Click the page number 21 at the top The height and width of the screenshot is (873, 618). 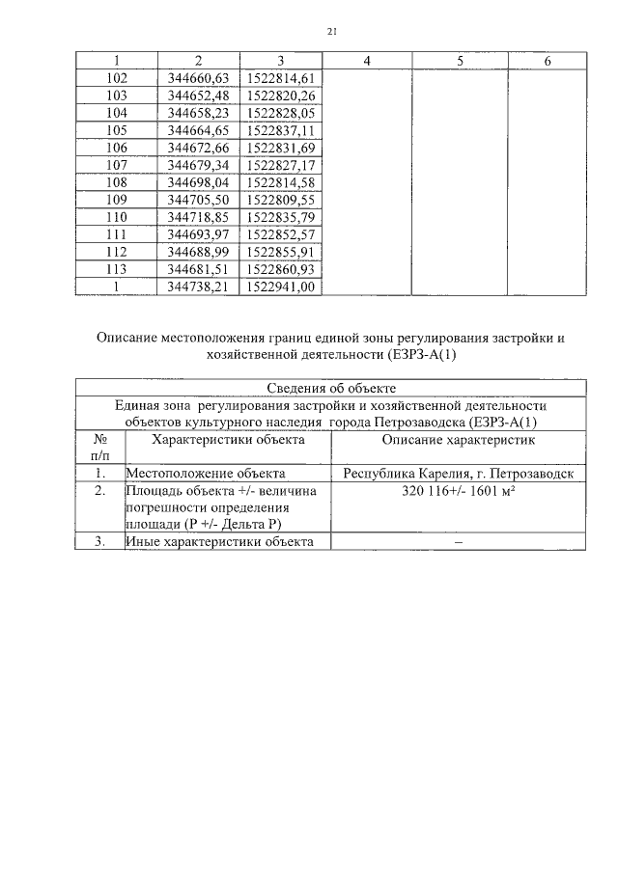pyautogui.click(x=332, y=32)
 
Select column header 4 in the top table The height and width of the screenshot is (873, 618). pyautogui.click(x=368, y=61)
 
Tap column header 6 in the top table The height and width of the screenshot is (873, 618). pyautogui.click(x=548, y=61)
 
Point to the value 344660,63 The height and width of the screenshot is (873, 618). pyautogui.click(x=197, y=78)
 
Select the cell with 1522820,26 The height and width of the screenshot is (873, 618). pyautogui.click(x=281, y=95)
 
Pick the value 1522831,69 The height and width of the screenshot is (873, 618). pyautogui.click(x=281, y=148)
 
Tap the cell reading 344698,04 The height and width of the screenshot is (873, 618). pyautogui.click(x=197, y=182)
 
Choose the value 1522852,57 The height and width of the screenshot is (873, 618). pyautogui.click(x=281, y=234)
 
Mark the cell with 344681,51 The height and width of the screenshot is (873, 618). pyautogui.click(x=197, y=269)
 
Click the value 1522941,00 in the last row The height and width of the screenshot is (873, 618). pyautogui.click(x=281, y=286)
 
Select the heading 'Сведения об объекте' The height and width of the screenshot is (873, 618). pyautogui.click(x=330, y=388)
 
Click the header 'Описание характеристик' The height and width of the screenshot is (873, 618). pyautogui.click(x=459, y=440)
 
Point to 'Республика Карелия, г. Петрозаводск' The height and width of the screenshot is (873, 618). pyautogui.click(x=459, y=474)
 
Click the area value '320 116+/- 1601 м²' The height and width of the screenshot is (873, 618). pyautogui.click(x=459, y=491)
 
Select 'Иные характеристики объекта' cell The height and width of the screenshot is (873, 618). pyautogui.click(x=220, y=542)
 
